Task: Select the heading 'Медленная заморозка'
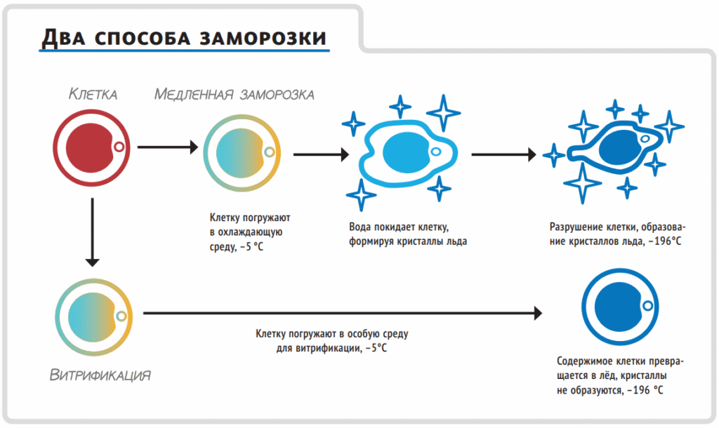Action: (234, 94)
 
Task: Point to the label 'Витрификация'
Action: (100, 374)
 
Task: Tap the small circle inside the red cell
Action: (119, 146)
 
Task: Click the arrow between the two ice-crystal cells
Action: (505, 152)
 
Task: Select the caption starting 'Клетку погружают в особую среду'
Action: (331, 334)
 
